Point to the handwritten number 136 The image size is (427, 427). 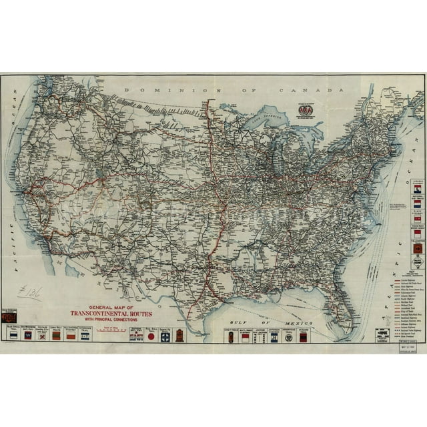pos(31,292)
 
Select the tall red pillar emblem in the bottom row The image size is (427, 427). pos(179,336)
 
